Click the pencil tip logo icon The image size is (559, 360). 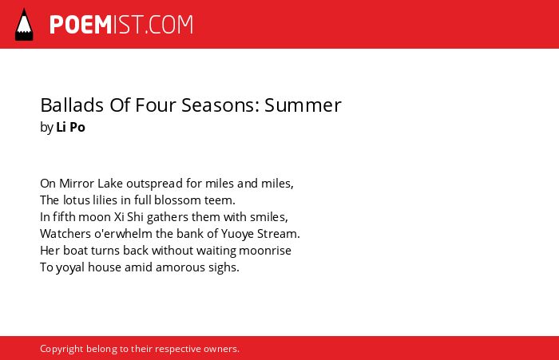coord(24,25)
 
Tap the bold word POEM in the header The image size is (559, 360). coord(81,25)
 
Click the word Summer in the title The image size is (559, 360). coord(303,105)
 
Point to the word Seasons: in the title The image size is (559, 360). coord(220,105)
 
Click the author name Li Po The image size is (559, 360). coord(70,127)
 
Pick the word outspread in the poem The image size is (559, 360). coord(154,184)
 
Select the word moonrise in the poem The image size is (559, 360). coord(265,251)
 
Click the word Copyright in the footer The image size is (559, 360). coord(61,349)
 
